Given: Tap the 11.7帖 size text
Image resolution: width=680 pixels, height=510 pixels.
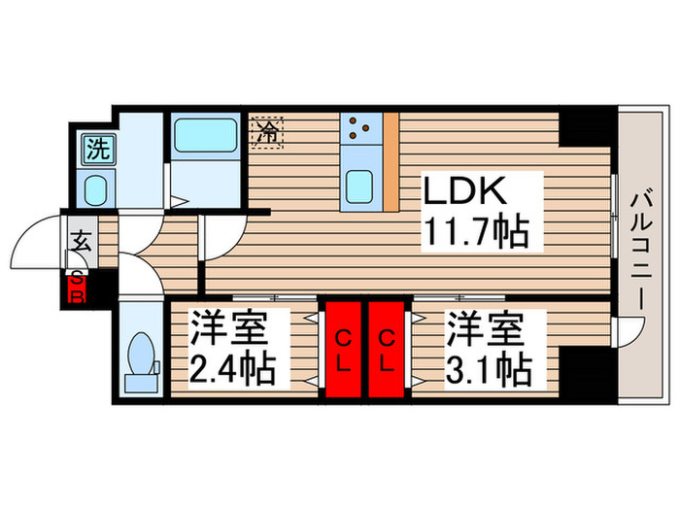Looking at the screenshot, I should click(x=476, y=231).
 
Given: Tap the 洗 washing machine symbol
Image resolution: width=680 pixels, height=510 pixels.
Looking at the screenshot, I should click(x=96, y=149).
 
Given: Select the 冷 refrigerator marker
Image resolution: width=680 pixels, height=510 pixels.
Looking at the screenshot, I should click(x=269, y=131).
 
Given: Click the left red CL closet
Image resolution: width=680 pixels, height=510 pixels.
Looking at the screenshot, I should click(x=343, y=352).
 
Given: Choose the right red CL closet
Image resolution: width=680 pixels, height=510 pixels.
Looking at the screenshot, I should click(x=387, y=352).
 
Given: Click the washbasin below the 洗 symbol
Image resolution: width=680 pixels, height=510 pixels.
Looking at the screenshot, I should click(x=96, y=187).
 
